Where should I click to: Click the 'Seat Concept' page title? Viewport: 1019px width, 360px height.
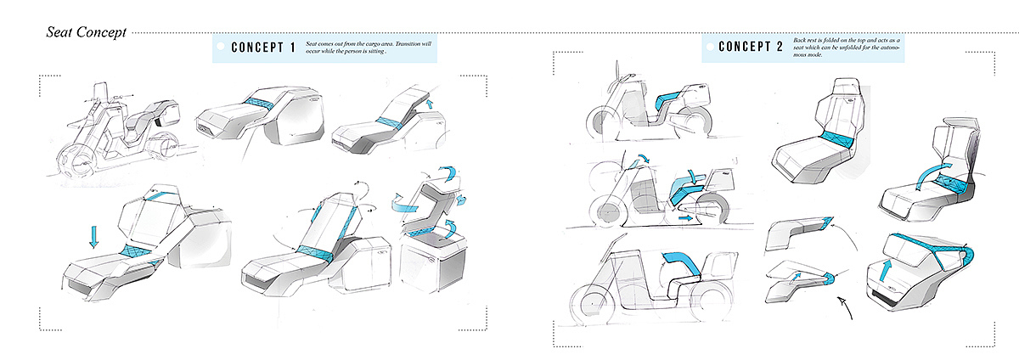pyautogui.click(x=86, y=33)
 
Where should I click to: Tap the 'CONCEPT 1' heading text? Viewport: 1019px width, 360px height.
pyautogui.click(x=263, y=48)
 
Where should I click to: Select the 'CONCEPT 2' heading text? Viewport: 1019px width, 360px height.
pyautogui.click(x=751, y=47)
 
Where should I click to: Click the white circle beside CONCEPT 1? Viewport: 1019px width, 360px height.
pyautogui.click(x=221, y=46)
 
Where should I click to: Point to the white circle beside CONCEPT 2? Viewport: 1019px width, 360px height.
pyautogui.click(x=710, y=47)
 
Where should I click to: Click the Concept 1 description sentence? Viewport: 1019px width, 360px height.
pyautogui.click(x=368, y=48)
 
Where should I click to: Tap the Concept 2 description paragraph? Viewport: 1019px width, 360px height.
pyautogui.click(x=846, y=48)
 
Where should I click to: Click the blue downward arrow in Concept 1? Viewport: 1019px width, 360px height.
pyautogui.click(x=93, y=236)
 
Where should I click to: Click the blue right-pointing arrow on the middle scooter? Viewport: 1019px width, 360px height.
pyautogui.click(x=685, y=218)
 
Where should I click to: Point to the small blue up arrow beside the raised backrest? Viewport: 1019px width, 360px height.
pyautogui.click(x=429, y=104)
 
